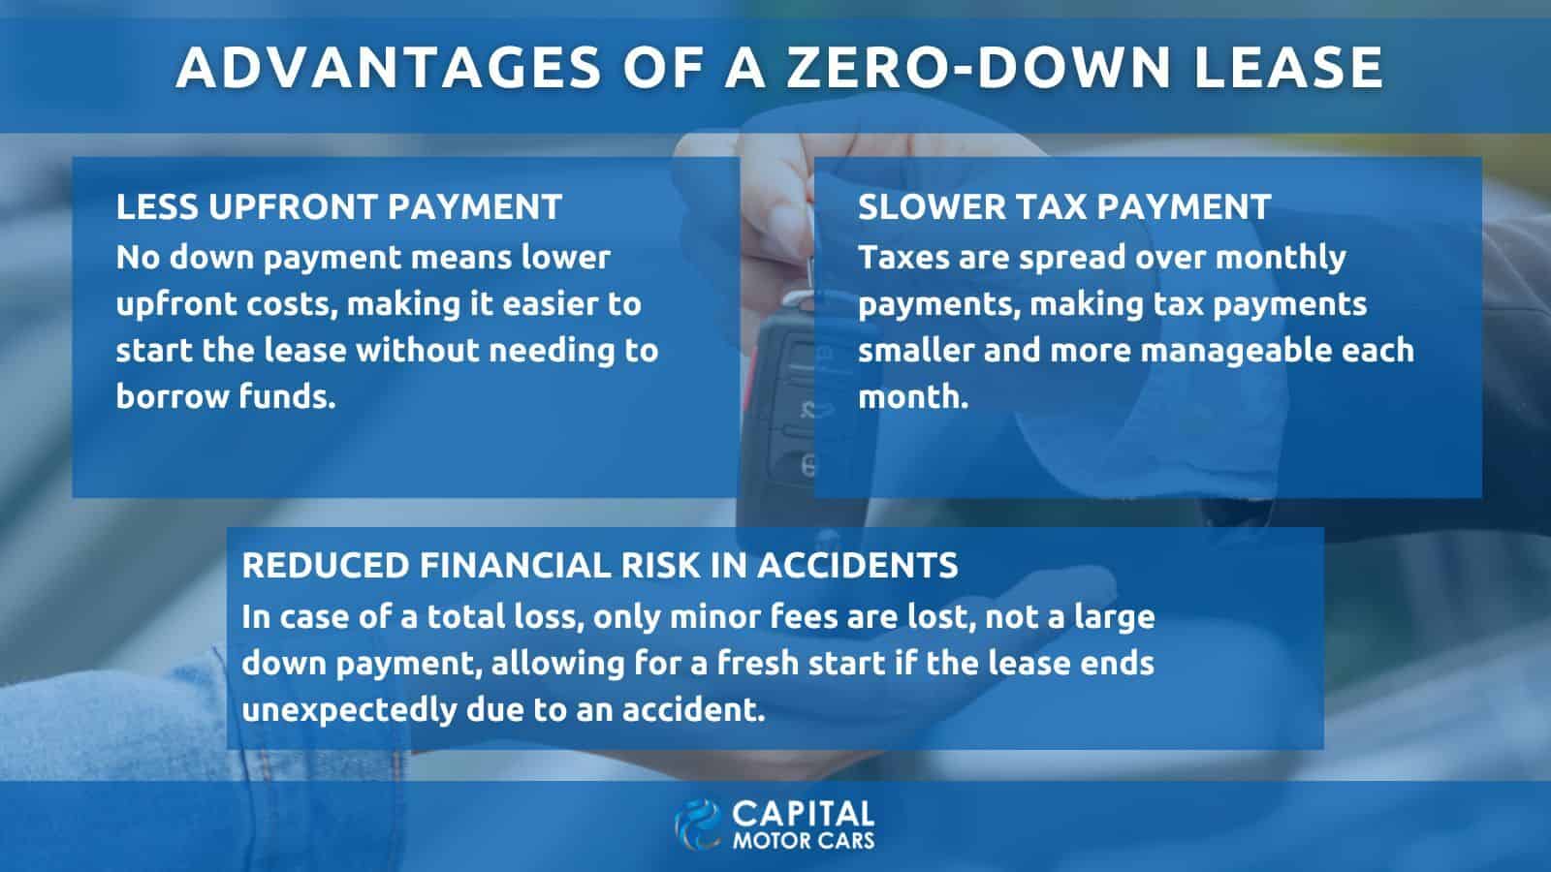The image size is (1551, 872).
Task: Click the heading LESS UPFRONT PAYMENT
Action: [x=338, y=207]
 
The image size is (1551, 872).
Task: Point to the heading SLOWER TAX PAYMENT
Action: [x=1064, y=207]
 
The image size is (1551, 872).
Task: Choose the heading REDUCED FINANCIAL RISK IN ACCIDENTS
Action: [x=600, y=566]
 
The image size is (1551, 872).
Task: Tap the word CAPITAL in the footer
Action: [x=803, y=815]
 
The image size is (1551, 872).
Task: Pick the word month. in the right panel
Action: [x=912, y=397]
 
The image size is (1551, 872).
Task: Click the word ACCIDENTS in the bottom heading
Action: [x=857, y=566]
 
